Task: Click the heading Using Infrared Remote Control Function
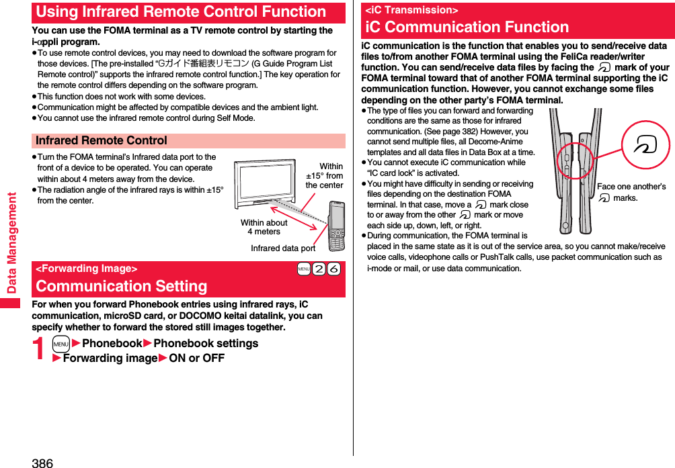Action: click(x=181, y=12)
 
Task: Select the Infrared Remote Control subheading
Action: click(x=102, y=141)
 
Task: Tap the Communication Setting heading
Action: click(x=122, y=286)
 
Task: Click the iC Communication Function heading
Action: click(x=467, y=27)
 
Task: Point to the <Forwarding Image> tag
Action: click(x=86, y=269)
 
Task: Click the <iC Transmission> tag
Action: click(x=411, y=9)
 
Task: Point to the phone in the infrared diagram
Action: click(x=336, y=224)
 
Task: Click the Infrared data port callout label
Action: click(x=283, y=248)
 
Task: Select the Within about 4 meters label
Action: click(x=264, y=227)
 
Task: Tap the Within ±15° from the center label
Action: click(x=325, y=176)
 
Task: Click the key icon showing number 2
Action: click(x=319, y=269)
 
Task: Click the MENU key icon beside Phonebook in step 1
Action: click(x=61, y=344)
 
